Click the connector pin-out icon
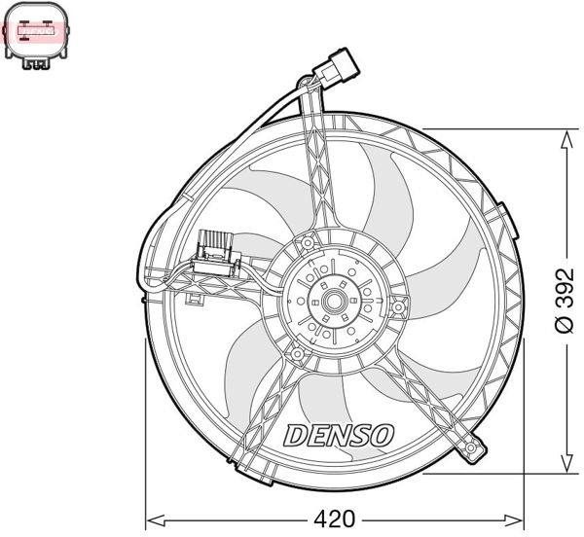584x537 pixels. [x=37, y=35]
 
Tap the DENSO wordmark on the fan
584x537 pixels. [x=338, y=434]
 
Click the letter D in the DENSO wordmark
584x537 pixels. [x=294, y=434]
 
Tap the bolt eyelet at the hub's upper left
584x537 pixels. [x=307, y=240]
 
